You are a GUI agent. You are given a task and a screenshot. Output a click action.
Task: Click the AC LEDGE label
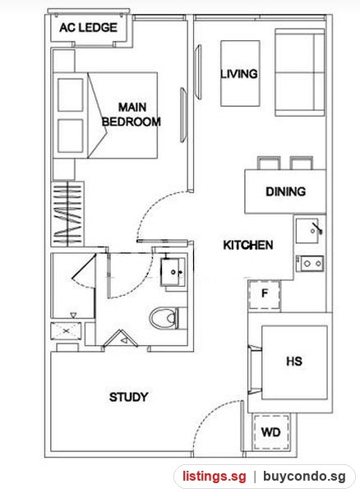click(x=88, y=28)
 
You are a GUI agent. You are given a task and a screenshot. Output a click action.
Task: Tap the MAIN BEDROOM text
click(x=132, y=114)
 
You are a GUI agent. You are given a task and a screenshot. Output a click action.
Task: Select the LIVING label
click(x=239, y=74)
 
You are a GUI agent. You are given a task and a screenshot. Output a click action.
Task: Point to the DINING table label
click(x=285, y=191)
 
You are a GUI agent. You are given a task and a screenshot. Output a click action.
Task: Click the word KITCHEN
click(x=248, y=245)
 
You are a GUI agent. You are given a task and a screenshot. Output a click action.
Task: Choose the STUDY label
click(x=128, y=397)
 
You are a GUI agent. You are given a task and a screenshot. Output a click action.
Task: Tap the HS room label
click(x=294, y=362)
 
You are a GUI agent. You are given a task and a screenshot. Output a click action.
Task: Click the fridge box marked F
click(x=265, y=295)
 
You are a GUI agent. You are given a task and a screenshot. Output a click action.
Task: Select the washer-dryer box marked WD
click(x=271, y=433)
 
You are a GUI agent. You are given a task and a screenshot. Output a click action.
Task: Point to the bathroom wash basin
click(x=173, y=272)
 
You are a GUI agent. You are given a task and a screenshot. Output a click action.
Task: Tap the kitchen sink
click(x=309, y=231)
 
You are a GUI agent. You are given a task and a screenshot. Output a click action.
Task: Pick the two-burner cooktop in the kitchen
click(x=310, y=264)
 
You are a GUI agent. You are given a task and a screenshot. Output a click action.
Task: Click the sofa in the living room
click(x=300, y=72)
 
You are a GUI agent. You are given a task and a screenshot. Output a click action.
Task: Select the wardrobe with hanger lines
click(x=67, y=214)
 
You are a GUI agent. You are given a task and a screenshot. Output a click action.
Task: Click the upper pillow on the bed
click(x=71, y=94)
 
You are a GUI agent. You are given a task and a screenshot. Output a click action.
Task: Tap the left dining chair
click(x=269, y=164)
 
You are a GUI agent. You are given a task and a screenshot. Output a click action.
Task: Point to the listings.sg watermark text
click(x=215, y=477)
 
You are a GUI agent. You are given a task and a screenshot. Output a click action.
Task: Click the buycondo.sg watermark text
click(x=304, y=477)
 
